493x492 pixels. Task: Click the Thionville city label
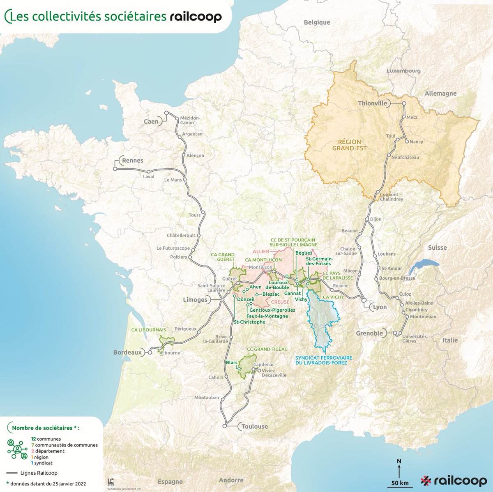click(x=372, y=103)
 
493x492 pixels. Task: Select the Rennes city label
click(x=132, y=161)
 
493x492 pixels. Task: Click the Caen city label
click(x=151, y=122)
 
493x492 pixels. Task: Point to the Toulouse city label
click(x=254, y=426)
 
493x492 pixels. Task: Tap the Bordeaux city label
click(x=127, y=352)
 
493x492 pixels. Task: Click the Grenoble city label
click(x=369, y=333)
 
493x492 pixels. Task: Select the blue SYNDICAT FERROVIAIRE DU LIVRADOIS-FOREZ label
click(x=321, y=360)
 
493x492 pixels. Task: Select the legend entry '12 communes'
click(x=46, y=439)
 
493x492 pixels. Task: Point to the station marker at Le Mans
click(x=184, y=179)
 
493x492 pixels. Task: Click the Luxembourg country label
click(x=403, y=71)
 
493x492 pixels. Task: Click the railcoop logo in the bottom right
click(x=454, y=481)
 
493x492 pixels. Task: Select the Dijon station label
click(x=376, y=219)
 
